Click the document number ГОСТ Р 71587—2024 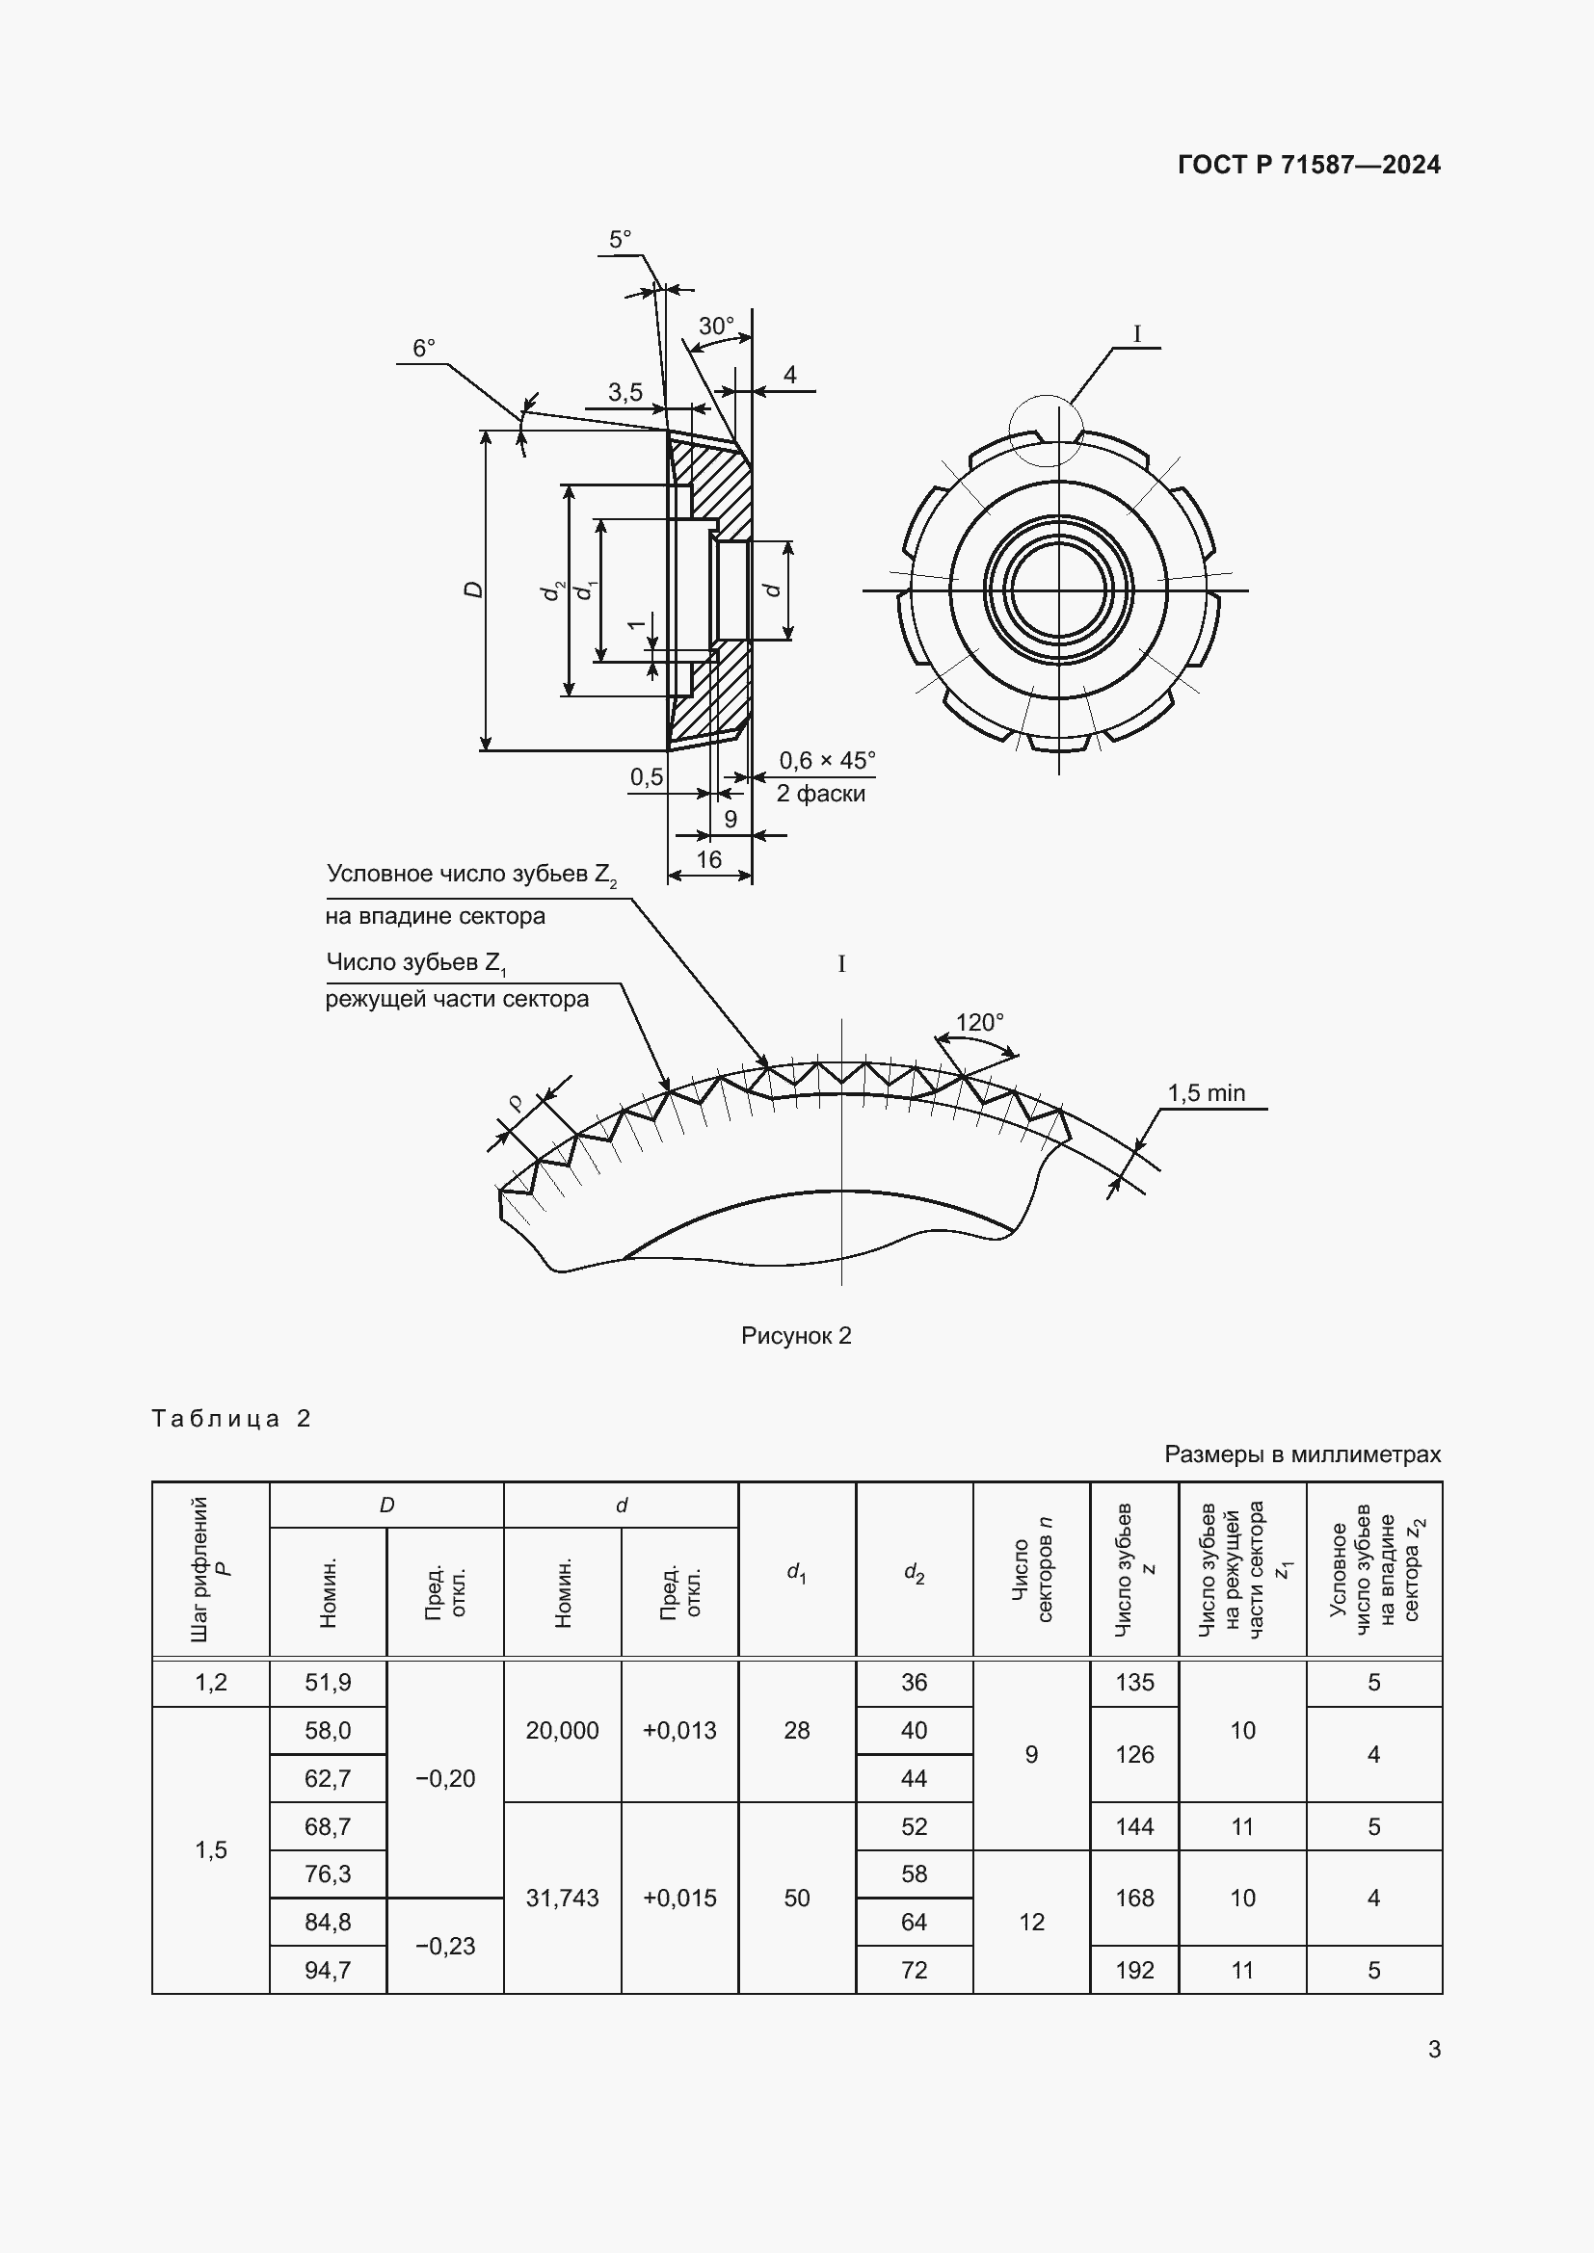tap(1309, 165)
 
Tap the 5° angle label tap(620, 240)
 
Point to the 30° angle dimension tap(715, 326)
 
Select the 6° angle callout tap(423, 349)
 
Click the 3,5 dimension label tap(624, 392)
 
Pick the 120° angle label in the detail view tap(978, 1023)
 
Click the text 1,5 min tap(1206, 1092)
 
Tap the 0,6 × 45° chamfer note tap(827, 761)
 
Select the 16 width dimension tap(707, 859)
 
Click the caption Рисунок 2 tap(796, 1335)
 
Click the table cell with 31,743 tap(562, 1898)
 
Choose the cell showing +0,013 tap(679, 1730)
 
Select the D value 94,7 tap(328, 1970)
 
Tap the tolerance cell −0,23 tap(444, 1946)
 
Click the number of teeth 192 tap(1133, 1970)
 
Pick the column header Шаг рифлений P tap(210, 1570)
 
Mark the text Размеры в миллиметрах tap(1303, 1454)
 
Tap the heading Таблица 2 tap(230, 1419)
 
